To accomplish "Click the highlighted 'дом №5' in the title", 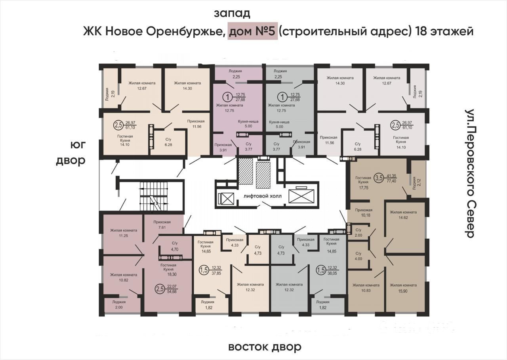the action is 252,31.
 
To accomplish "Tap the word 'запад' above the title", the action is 232,13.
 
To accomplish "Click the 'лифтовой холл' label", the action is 263,196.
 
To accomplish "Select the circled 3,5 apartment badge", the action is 379,178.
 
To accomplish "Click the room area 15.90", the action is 403,291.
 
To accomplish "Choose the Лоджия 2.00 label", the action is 118,304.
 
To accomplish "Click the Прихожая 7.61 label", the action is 162,225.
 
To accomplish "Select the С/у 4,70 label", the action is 175,246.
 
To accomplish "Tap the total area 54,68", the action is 172,291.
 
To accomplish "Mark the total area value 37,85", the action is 216,273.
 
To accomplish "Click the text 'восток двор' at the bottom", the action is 265,347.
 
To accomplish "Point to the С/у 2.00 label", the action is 358,233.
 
